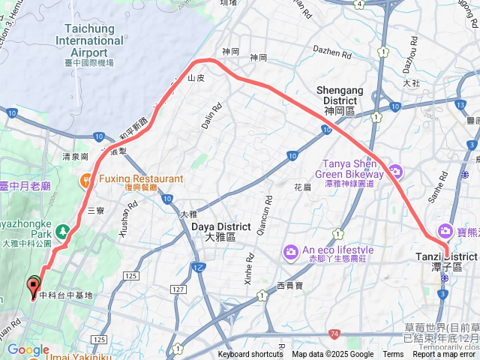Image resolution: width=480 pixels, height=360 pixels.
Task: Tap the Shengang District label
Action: tap(340, 95)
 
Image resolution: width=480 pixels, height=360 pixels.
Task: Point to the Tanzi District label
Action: tap(446, 262)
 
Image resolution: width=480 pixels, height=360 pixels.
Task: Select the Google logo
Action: tap(28, 350)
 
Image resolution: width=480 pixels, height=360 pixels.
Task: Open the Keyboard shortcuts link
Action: tap(250, 355)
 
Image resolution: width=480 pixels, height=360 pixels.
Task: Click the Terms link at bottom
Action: tap(393, 355)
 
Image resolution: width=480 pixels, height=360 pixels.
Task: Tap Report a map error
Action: tap(444, 355)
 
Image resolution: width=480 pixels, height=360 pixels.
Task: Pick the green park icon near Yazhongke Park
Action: tap(64, 231)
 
